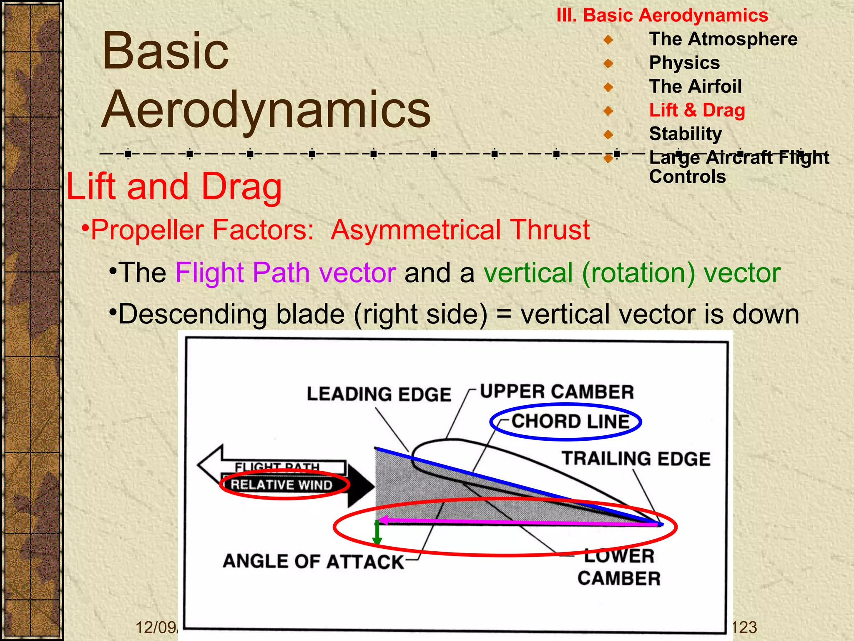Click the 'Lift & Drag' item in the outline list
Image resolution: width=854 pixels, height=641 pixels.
[x=697, y=110]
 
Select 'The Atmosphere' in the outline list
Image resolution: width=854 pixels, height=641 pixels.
[x=723, y=39]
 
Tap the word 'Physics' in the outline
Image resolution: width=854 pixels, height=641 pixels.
[x=684, y=63]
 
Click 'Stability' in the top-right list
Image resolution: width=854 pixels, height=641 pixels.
[x=685, y=134]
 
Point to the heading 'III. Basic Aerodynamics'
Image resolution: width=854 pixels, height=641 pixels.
[x=662, y=15]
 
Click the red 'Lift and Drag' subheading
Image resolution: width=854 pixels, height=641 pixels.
[x=174, y=187]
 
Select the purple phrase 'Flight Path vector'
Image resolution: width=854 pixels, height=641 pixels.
[x=285, y=273]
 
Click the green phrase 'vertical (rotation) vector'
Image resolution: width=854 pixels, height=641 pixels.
[x=632, y=273]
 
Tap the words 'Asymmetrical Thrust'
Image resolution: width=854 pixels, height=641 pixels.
[x=460, y=230]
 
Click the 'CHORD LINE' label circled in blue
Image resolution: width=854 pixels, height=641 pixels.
[x=570, y=421]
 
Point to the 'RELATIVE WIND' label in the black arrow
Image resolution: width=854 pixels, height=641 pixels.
[x=281, y=485]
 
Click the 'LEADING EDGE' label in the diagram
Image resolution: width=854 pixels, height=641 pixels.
[x=379, y=394]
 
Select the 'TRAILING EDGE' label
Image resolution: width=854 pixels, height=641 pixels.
[x=635, y=459]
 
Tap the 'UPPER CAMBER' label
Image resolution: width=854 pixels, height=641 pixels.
[x=557, y=392]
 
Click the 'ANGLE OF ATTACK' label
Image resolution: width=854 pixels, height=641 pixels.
[x=313, y=561]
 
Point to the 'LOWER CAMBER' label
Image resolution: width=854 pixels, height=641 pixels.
[x=619, y=567]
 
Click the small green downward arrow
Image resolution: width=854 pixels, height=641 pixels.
[x=377, y=534]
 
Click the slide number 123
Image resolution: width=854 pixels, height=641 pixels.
[x=744, y=627]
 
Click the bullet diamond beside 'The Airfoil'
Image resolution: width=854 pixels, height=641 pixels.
[x=608, y=87]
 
